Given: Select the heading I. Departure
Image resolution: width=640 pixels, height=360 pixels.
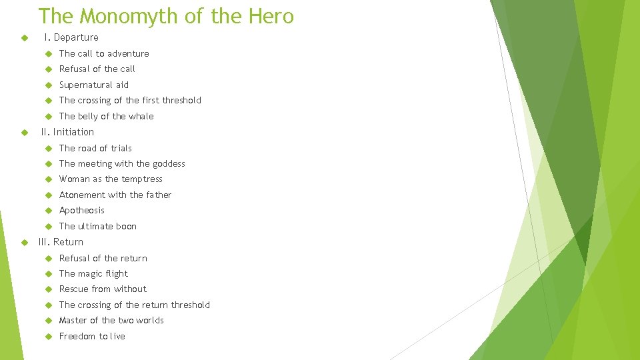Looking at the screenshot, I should (71, 37).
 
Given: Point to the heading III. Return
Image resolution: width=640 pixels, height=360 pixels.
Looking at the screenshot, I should (62, 242).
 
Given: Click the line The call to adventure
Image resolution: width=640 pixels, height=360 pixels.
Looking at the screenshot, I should (104, 53).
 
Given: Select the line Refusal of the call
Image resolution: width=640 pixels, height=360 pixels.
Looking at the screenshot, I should (97, 69).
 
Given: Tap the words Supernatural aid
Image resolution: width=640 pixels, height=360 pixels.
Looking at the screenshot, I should (93, 85).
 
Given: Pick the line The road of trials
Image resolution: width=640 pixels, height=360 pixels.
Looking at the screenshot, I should (95, 148).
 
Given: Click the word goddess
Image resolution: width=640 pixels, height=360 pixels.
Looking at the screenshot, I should (169, 163).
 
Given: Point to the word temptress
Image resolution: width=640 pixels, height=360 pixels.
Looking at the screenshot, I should (141, 179).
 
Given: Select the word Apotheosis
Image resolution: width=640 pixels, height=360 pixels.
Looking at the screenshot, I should (81, 210).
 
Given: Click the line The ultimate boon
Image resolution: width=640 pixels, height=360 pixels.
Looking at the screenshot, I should (97, 226).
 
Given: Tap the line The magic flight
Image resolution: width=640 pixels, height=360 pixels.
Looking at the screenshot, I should (93, 273).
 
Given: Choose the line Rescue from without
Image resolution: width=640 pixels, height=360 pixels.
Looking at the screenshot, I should (103, 289).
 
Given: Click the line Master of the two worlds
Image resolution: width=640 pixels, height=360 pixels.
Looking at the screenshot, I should (111, 320).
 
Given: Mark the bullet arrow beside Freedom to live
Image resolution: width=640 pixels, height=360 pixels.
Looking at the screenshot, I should (48, 336).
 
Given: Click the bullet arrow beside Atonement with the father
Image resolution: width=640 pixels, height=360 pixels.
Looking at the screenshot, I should (48, 195).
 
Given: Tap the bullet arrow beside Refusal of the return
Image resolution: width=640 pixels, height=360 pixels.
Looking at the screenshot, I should (48, 258).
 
